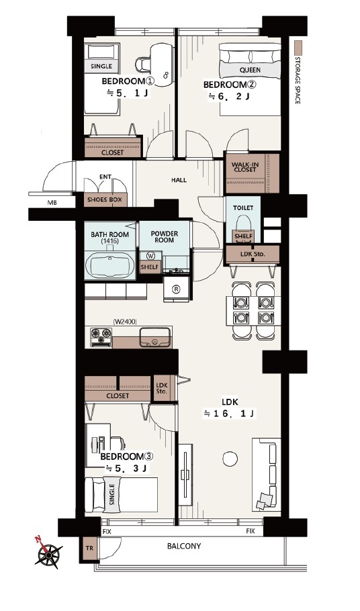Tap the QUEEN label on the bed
(x=250, y=70)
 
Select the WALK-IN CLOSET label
(x=245, y=167)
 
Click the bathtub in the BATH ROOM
(x=110, y=265)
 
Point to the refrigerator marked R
(x=176, y=289)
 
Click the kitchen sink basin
(x=154, y=338)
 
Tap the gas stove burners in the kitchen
(x=101, y=337)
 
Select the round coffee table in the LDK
(x=230, y=459)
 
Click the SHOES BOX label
(x=104, y=199)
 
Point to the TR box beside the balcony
(x=89, y=548)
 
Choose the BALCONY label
(x=184, y=546)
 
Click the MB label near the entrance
(x=52, y=203)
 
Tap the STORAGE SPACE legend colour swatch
(x=298, y=48)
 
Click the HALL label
(x=179, y=180)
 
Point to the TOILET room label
(x=243, y=208)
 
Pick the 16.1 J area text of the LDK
(x=230, y=414)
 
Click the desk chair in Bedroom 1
(x=143, y=64)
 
